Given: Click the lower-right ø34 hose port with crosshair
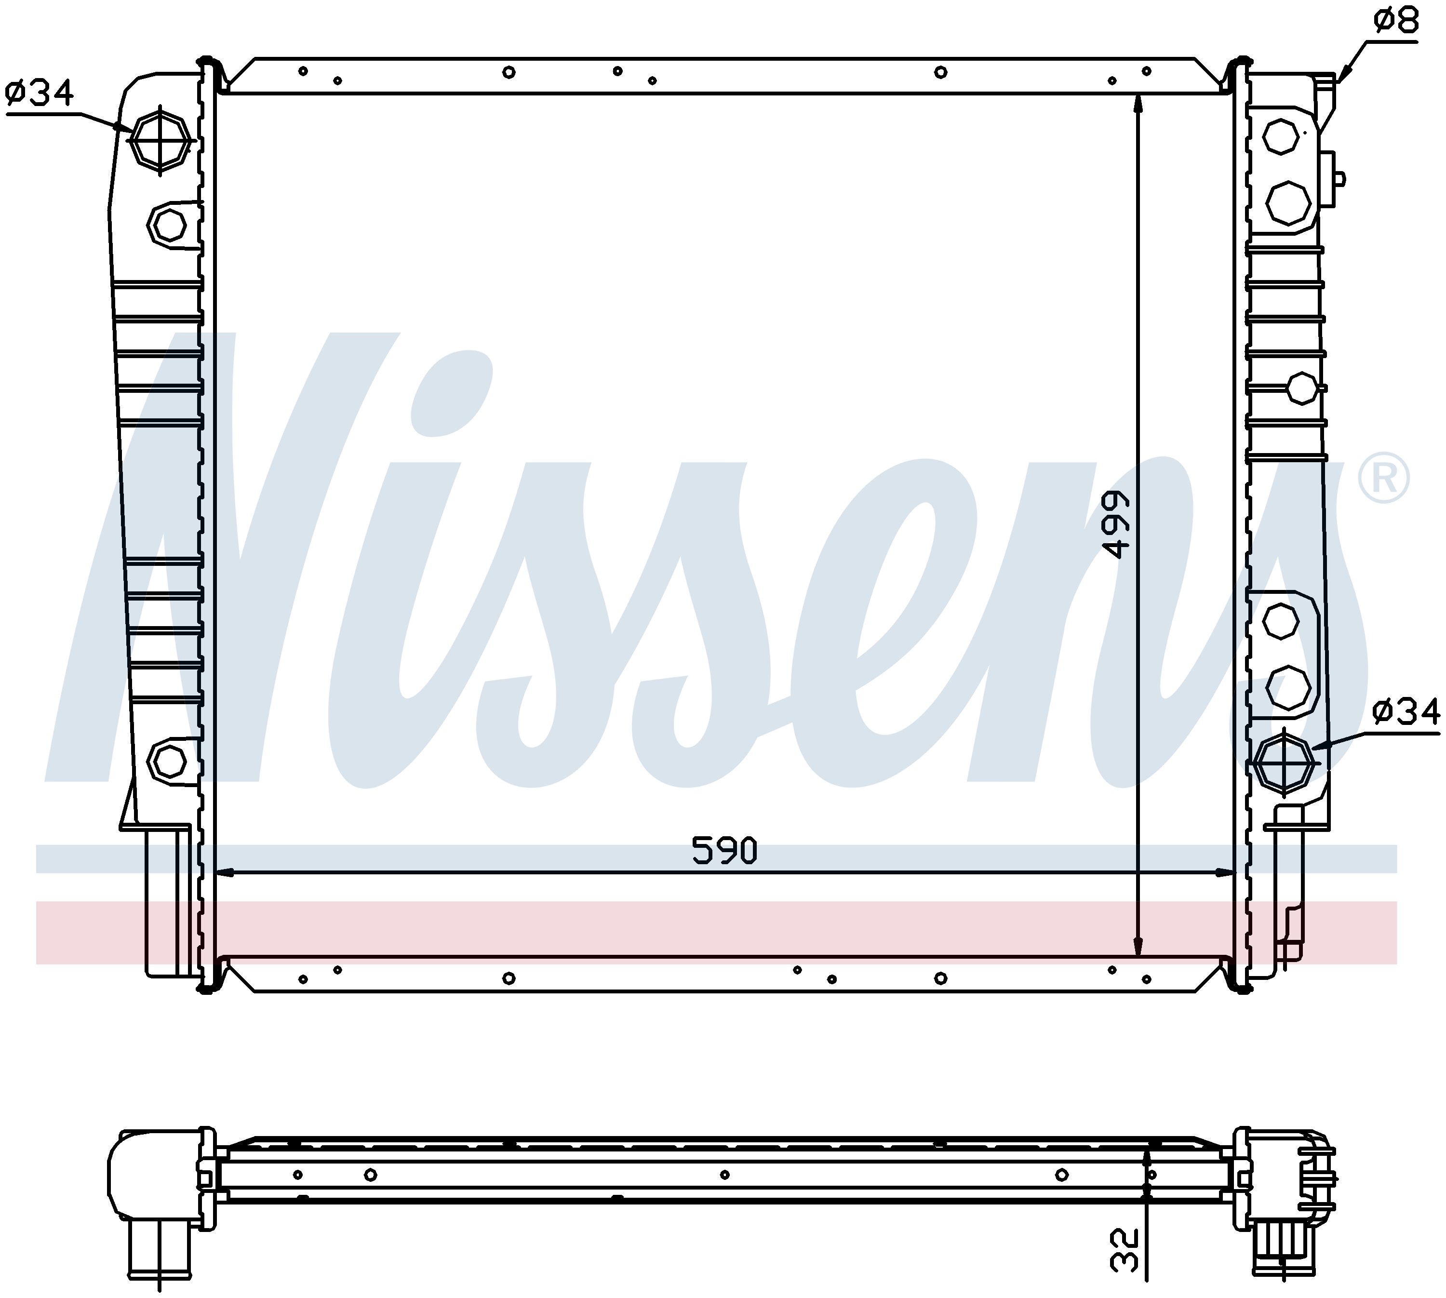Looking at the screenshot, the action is pyautogui.click(x=1285, y=763).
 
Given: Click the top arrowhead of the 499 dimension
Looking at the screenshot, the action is pyautogui.click(x=1138, y=104).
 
